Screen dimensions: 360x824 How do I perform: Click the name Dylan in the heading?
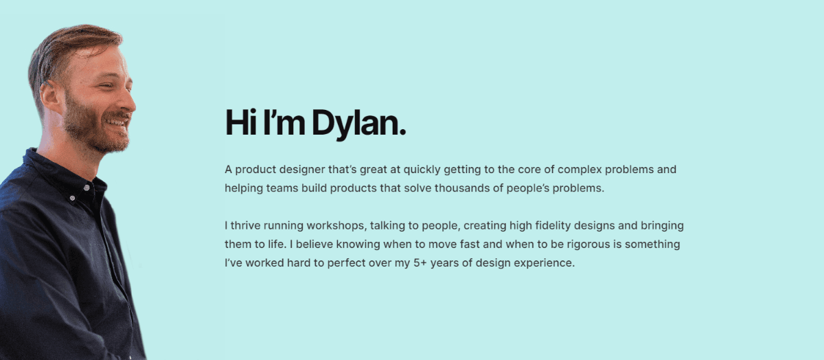(x=358, y=124)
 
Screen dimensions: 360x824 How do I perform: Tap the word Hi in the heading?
(x=242, y=123)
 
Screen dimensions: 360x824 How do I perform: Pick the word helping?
(x=243, y=188)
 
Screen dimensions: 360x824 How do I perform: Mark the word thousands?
(x=467, y=188)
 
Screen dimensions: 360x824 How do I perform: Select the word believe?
(x=314, y=244)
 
